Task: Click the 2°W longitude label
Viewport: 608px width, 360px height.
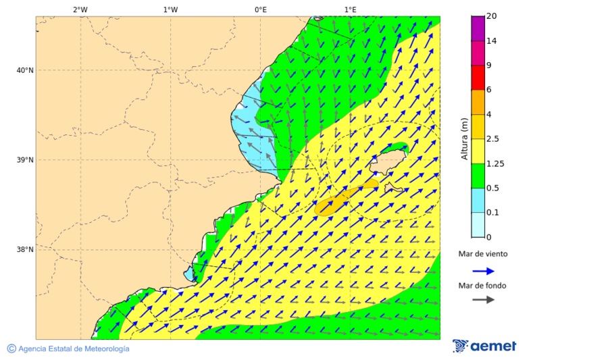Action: pyautogui.click(x=80, y=9)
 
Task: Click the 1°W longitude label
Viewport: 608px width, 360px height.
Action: pyautogui.click(x=170, y=9)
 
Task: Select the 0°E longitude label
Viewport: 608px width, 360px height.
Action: pyautogui.click(x=260, y=9)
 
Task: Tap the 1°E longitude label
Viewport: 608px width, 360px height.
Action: pyautogui.click(x=350, y=9)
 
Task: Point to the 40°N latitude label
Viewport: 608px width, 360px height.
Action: pyautogui.click(x=25, y=70)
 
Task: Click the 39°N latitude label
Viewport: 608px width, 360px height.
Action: pyautogui.click(x=25, y=160)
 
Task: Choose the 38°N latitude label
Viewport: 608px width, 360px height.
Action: pyautogui.click(x=25, y=250)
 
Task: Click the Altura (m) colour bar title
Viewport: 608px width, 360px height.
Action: pyautogui.click(x=464, y=138)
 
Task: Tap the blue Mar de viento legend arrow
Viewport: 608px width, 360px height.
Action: pyautogui.click(x=483, y=271)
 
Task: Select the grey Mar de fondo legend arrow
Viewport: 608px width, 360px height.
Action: pyautogui.click(x=483, y=301)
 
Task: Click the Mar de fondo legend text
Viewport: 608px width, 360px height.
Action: pyautogui.click(x=482, y=286)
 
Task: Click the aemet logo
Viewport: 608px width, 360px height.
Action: pyautogui.click(x=484, y=346)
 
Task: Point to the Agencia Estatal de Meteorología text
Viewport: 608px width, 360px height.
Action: pyautogui.click(x=73, y=349)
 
